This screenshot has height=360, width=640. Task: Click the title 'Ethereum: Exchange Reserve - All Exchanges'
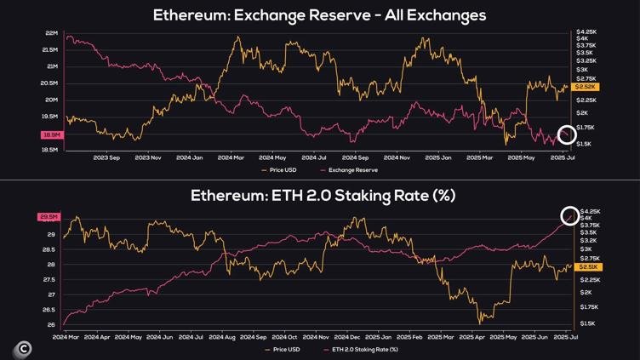click(319, 15)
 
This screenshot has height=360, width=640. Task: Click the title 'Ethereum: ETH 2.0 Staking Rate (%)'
click(323, 196)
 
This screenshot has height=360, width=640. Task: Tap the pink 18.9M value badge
click(52, 135)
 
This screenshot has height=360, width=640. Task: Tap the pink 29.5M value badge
click(49, 217)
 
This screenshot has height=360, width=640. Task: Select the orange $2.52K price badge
click(586, 87)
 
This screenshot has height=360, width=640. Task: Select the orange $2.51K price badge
click(589, 267)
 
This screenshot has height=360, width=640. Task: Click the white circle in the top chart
click(567, 134)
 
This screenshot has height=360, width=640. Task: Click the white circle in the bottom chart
click(570, 216)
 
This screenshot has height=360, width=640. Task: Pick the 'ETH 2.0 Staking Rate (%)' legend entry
click(364, 349)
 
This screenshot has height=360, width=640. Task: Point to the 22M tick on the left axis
click(51, 33)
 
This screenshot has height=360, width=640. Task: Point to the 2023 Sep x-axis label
click(106, 157)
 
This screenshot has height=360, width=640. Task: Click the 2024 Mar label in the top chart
click(231, 157)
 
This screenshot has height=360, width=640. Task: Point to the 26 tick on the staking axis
click(52, 324)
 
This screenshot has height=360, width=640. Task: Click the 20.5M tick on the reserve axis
click(49, 83)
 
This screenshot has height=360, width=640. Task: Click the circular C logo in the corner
click(24, 348)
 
